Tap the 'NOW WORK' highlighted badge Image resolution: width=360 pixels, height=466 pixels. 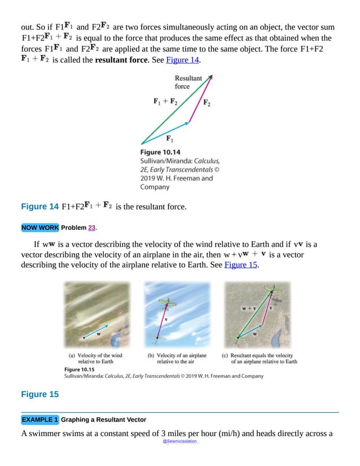pos(39,228)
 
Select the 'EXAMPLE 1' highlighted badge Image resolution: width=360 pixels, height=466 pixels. pos(39,420)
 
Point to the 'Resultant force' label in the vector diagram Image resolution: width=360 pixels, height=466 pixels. pos(188,82)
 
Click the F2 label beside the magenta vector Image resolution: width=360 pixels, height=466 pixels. pos(207,103)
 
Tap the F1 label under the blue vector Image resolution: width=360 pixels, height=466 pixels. pos(169,138)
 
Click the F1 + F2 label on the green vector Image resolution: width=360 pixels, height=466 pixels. pos(165,102)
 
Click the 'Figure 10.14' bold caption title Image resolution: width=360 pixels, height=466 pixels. pos(160,152)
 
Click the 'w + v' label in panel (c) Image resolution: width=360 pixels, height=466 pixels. pos(249,308)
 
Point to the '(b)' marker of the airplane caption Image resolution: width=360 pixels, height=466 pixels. pos(151,356)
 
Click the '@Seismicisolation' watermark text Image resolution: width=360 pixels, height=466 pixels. pos(179,441)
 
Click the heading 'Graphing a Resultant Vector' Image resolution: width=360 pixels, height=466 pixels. pos(103,420)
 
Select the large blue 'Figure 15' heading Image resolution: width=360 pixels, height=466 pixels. pos(39,394)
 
